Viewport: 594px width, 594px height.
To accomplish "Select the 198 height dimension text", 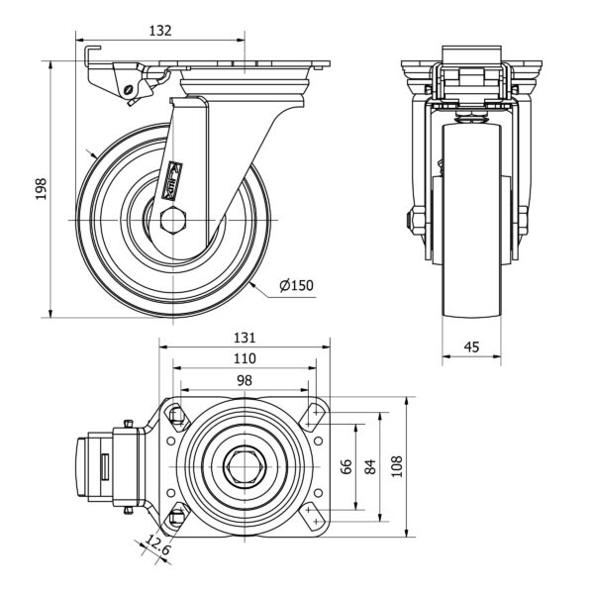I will click(x=41, y=188).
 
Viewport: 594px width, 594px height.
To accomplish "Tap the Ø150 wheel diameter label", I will click(x=296, y=286).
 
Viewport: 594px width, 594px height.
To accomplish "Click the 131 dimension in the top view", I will click(x=245, y=338).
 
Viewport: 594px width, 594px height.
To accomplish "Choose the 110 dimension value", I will click(x=245, y=358).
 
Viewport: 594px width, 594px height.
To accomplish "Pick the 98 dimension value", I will click(x=245, y=380).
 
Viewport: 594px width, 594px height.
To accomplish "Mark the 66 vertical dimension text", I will click(x=346, y=466).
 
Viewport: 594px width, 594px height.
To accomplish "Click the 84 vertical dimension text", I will click(x=372, y=466).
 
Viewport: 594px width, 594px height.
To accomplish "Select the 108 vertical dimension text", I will click(x=399, y=466).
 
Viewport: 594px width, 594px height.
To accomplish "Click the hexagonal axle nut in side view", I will click(x=171, y=219).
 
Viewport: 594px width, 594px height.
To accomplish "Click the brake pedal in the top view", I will click(x=102, y=466).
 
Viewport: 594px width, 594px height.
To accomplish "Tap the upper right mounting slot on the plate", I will click(x=318, y=414).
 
